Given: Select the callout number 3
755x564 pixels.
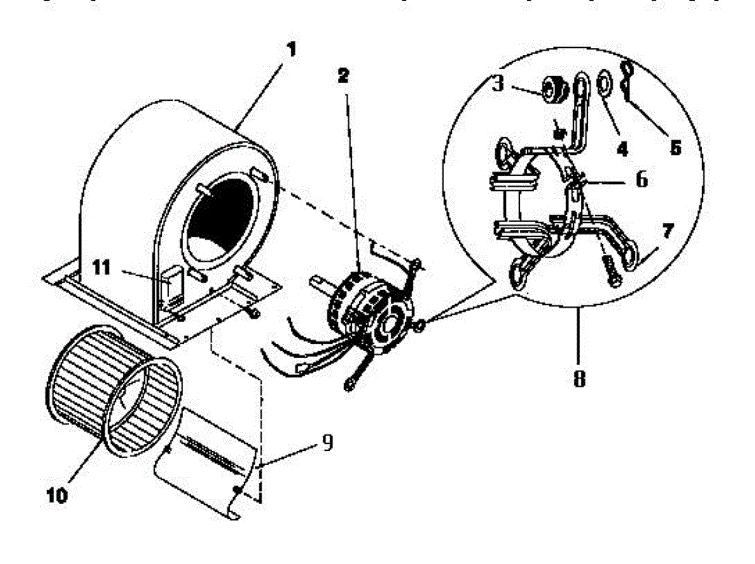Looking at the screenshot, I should coord(498,84).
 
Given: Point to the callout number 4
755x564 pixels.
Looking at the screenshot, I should coord(622,150).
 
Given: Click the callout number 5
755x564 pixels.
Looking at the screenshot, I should coord(675,149).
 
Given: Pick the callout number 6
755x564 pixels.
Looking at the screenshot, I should coord(641,179).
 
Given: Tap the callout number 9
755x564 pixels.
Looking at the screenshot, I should coord(327,443).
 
